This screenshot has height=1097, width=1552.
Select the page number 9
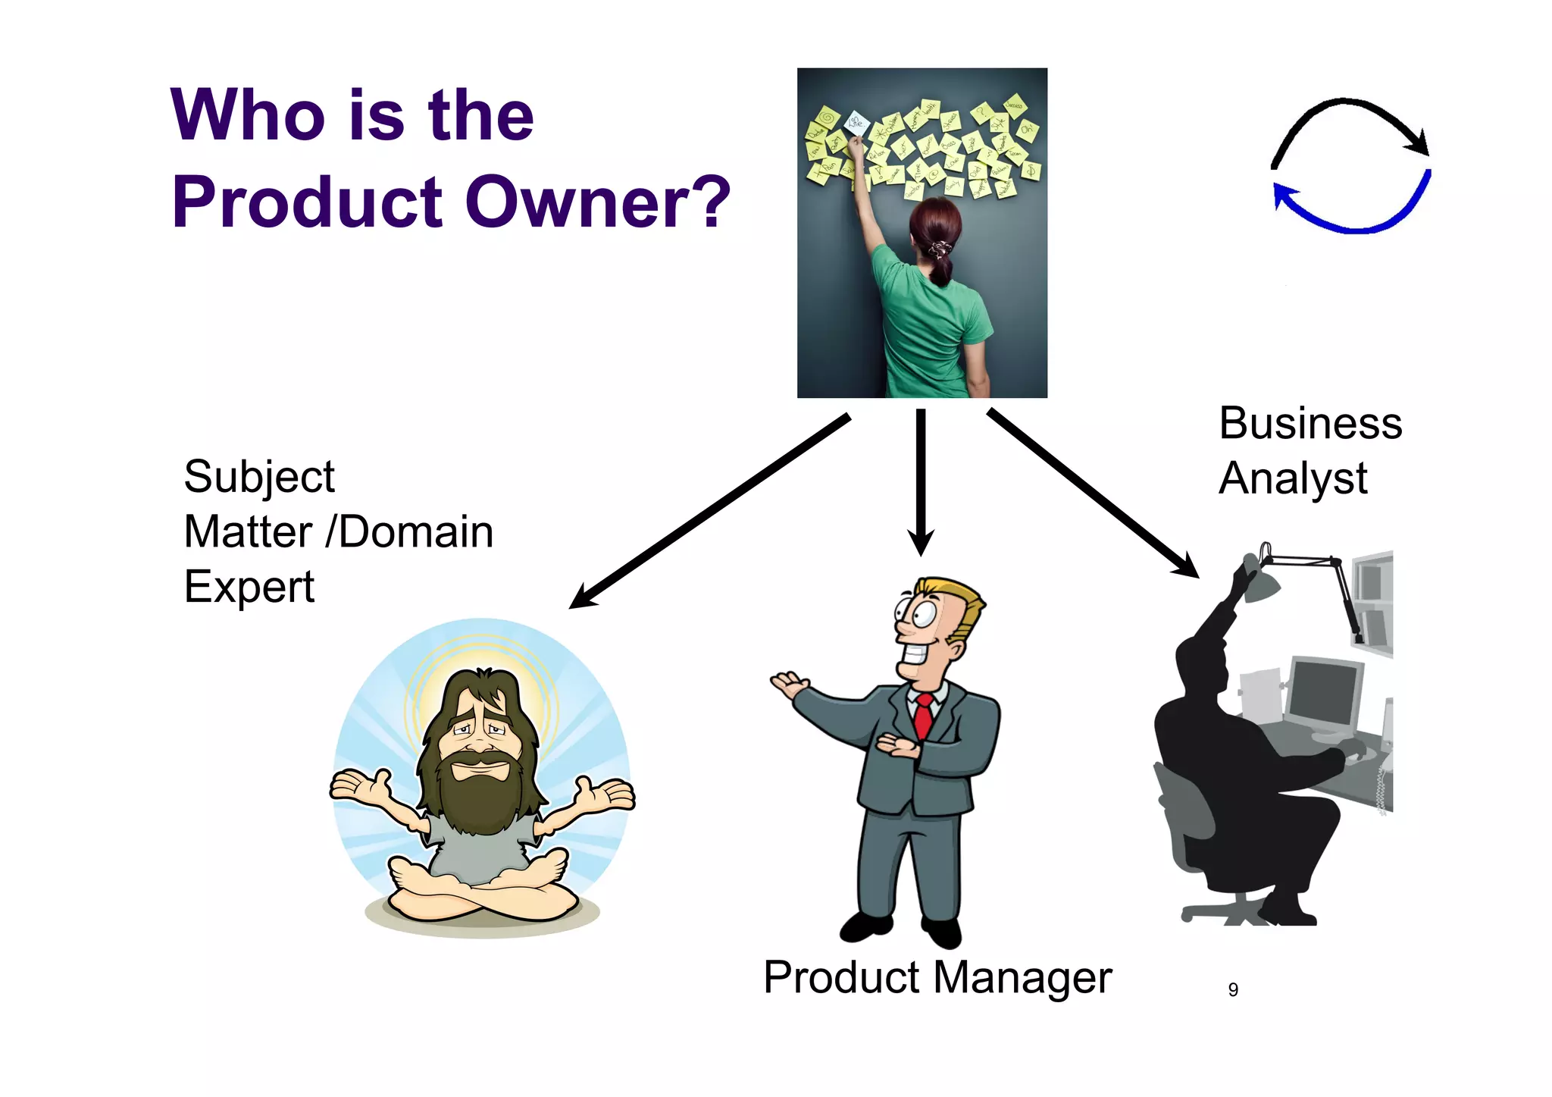1233,989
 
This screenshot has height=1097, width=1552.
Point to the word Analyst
1293,478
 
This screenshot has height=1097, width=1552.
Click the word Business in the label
1310,423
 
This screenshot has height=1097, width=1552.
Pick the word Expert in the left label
249,587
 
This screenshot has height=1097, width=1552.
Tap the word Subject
258,478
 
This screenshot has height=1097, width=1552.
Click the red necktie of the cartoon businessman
923,716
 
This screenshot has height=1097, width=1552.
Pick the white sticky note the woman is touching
856,123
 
